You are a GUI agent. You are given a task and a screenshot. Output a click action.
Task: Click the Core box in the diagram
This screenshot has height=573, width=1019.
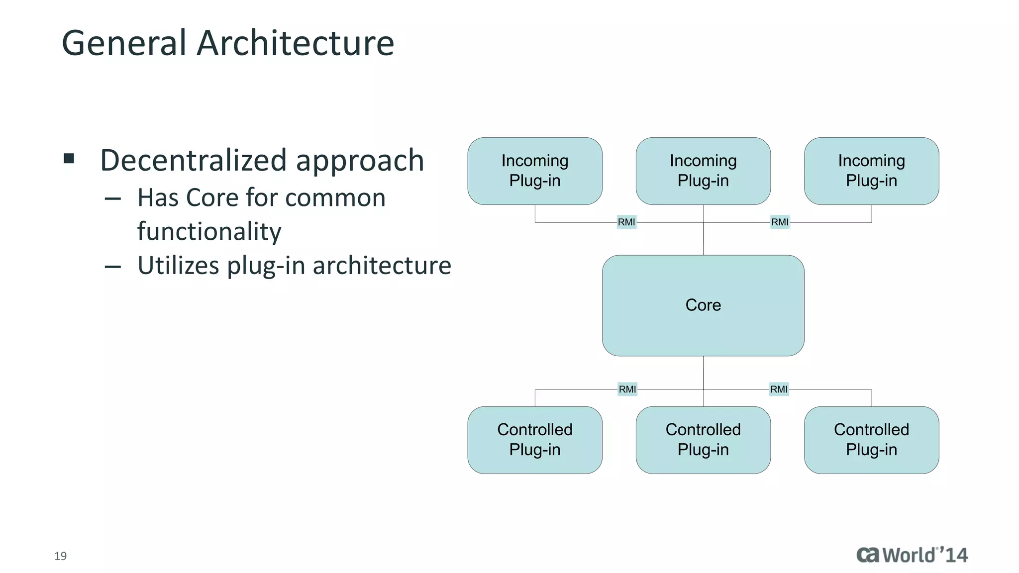click(x=703, y=305)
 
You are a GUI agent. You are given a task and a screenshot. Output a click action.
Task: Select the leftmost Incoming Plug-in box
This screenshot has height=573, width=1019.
click(x=535, y=171)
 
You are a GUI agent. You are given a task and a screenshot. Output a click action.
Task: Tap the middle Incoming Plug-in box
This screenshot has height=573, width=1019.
click(x=703, y=171)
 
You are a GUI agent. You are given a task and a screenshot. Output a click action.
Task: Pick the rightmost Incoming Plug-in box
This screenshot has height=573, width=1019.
click(x=871, y=171)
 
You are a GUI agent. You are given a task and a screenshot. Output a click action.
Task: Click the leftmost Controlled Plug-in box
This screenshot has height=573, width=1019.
click(x=535, y=440)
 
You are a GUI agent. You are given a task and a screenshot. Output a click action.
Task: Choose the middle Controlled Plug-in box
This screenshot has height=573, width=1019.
click(x=703, y=440)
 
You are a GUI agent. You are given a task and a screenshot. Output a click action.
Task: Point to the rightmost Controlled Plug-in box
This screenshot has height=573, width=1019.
click(x=871, y=440)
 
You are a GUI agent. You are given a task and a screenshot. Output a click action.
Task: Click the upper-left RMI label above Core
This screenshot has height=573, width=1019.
click(x=626, y=222)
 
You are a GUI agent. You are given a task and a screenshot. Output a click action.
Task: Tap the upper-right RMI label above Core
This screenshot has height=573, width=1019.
click(x=780, y=222)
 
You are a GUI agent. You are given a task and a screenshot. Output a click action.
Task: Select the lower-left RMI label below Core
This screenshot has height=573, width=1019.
click(x=627, y=389)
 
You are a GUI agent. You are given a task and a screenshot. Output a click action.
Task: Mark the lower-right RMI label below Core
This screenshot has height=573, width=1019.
click(x=779, y=389)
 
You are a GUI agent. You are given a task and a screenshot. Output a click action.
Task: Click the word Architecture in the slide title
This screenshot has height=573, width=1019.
click(x=296, y=43)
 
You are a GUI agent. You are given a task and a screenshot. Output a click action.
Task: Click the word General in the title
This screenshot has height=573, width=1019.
click(x=124, y=43)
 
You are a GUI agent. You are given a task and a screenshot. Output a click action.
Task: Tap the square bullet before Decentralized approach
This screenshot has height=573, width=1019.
click(x=69, y=159)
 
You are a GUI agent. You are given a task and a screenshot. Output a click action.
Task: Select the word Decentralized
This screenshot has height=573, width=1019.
click(x=194, y=161)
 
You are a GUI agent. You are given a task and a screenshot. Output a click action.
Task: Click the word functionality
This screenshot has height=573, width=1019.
click(x=209, y=232)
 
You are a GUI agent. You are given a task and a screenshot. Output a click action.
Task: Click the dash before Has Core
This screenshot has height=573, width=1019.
click(x=113, y=199)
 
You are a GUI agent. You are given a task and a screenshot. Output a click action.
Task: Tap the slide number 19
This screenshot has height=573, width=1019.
click(x=61, y=556)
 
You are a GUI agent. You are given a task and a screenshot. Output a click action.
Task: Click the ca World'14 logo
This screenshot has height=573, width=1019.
click(x=912, y=555)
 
